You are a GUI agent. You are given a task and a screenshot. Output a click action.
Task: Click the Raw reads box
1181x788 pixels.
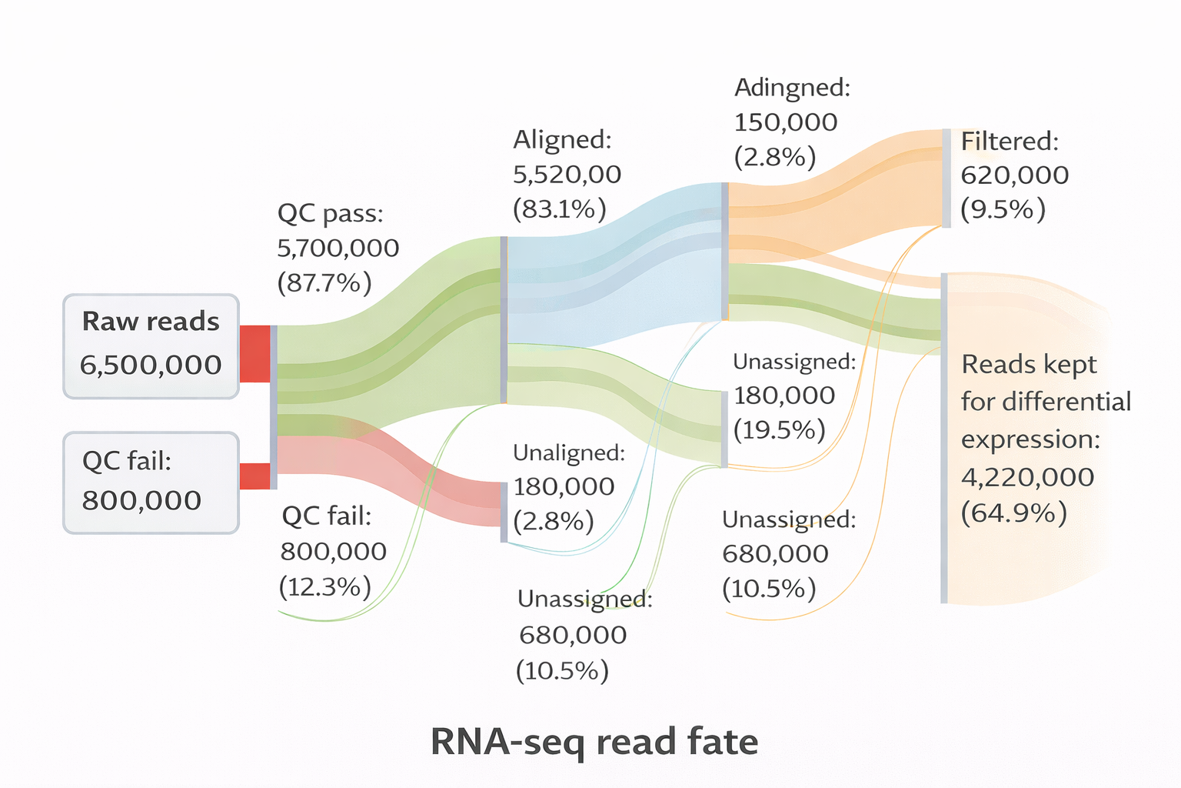pyautogui.click(x=151, y=346)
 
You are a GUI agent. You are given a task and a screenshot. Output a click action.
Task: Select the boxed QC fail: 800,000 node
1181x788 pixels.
pyautogui.click(x=151, y=482)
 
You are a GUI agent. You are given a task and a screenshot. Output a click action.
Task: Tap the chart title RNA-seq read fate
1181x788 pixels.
pyautogui.click(x=594, y=742)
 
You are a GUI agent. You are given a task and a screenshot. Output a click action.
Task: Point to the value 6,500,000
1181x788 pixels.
pyautogui.click(x=151, y=365)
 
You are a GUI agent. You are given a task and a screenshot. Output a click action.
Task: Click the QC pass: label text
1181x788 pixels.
pyautogui.click(x=330, y=213)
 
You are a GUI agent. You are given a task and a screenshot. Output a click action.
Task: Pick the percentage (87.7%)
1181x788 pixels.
pyautogui.click(x=324, y=283)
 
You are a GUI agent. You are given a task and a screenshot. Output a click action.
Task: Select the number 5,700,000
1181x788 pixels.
pyautogui.click(x=338, y=248)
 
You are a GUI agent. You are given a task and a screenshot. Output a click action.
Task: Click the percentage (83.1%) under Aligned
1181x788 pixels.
pyautogui.click(x=559, y=209)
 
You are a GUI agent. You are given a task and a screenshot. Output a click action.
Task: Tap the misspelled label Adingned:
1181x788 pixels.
pyautogui.click(x=792, y=88)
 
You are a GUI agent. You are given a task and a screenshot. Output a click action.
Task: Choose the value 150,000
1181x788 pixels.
pyautogui.click(x=785, y=122)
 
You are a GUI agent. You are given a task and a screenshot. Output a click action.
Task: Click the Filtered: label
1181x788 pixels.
pyautogui.click(x=1010, y=141)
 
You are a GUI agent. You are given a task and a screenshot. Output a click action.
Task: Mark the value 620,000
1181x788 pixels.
pyautogui.click(x=1014, y=175)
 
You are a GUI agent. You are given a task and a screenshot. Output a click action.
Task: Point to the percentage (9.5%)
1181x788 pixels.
pyautogui.click(x=1003, y=209)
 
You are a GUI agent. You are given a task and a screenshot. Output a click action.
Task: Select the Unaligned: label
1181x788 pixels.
pyautogui.click(x=568, y=452)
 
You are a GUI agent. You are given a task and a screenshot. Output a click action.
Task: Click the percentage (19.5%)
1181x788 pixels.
pyautogui.click(x=779, y=429)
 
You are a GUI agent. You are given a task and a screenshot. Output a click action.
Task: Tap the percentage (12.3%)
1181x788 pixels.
pyautogui.click(x=324, y=587)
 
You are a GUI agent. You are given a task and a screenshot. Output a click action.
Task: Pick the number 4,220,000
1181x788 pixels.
pyautogui.click(x=1027, y=477)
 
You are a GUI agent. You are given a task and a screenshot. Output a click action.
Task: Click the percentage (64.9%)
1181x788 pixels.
pyautogui.click(x=1013, y=513)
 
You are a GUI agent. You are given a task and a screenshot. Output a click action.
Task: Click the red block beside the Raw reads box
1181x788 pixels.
pyautogui.click(x=254, y=353)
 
